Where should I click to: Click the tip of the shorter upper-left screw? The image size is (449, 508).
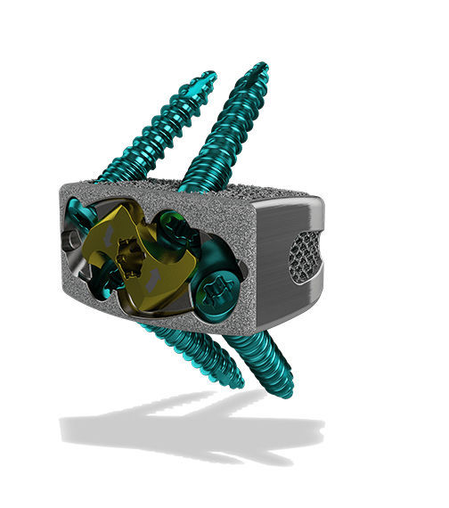(x=209, y=75)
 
